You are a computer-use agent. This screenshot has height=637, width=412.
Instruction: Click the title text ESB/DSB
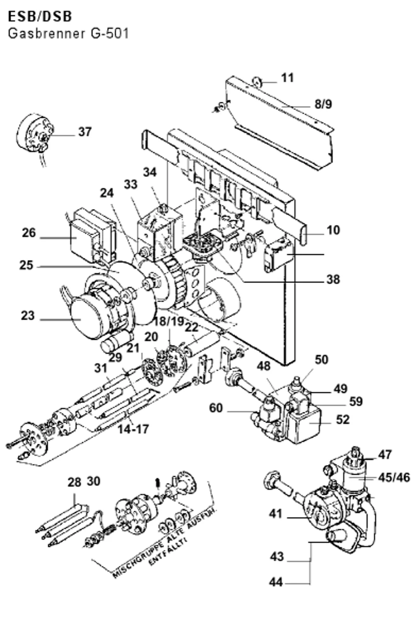click(x=40, y=16)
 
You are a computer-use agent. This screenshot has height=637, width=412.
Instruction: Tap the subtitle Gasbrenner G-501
click(x=68, y=34)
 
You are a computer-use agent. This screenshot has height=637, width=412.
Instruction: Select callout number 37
click(x=85, y=132)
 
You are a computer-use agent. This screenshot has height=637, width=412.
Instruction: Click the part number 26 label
click(x=29, y=233)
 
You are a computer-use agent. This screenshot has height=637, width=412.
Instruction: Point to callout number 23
click(x=28, y=316)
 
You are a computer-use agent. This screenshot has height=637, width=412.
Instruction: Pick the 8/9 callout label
click(x=323, y=104)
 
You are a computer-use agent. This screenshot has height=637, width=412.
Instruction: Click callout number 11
click(x=287, y=77)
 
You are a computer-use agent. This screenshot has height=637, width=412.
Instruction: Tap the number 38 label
click(x=333, y=279)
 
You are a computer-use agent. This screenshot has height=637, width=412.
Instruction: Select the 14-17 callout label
click(x=133, y=429)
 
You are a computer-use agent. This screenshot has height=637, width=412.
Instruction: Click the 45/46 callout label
click(x=394, y=478)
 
